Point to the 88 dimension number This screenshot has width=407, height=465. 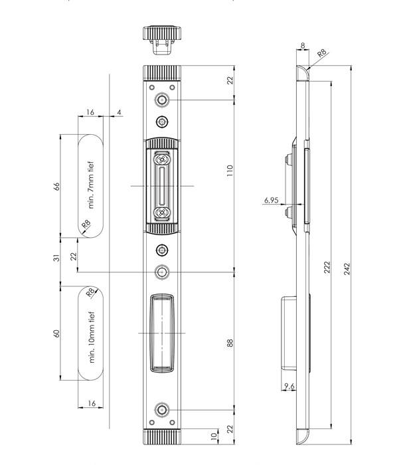click(x=230, y=343)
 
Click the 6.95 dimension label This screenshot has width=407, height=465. click(x=270, y=200)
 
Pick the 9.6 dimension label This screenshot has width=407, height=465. click(x=289, y=386)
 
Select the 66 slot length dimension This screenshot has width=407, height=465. click(x=57, y=186)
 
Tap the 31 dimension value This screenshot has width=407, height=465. click(x=57, y=258)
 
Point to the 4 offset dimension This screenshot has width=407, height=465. click(x=119, y=113)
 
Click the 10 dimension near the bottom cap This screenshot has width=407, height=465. click(x=212, y=436)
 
